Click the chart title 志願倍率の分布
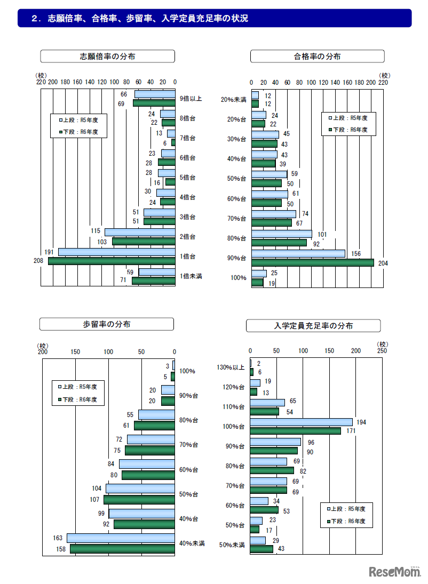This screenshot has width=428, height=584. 107,56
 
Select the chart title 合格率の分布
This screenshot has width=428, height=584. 317,56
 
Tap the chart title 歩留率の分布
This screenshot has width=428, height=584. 107,324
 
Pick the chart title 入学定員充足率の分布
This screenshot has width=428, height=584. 313,325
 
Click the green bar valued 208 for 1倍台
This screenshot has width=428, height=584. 112,261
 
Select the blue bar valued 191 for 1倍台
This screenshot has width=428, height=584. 116,252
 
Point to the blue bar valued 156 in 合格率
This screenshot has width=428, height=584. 298,253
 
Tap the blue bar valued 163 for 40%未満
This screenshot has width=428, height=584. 121,538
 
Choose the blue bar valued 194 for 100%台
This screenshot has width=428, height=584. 301,422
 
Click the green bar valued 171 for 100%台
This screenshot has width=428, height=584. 295,430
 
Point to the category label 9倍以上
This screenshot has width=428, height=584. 191,99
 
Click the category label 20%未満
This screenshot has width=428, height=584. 233,100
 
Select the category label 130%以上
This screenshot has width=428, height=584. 231,367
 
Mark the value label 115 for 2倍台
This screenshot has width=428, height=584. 96,231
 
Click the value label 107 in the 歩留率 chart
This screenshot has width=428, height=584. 96,500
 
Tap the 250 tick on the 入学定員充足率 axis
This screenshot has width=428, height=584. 382,350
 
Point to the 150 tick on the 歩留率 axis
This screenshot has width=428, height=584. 75,351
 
